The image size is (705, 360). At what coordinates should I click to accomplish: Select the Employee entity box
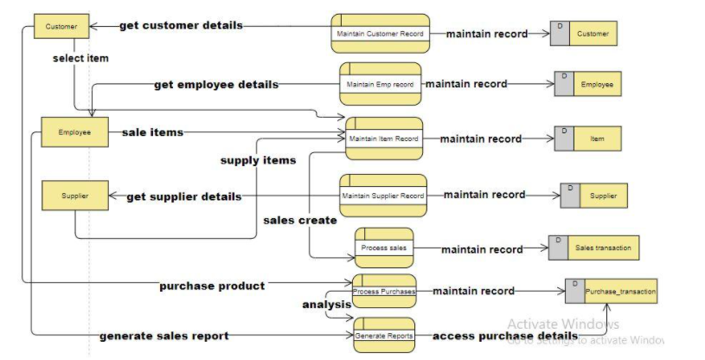(x=74, y=132)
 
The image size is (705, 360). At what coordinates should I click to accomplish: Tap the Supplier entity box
(x=74, y=196)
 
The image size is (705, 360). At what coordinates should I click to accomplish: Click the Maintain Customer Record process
(x=380, y=34)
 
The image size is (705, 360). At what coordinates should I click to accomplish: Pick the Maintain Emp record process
(x=380, y=84)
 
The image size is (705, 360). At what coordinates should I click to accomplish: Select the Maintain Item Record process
(x=383, y=138)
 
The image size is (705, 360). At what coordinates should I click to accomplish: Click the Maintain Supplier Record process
(x=382, y=196)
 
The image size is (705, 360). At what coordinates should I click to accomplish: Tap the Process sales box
(x=383, y=248)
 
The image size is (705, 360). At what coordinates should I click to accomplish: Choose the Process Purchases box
(x=383, y=292)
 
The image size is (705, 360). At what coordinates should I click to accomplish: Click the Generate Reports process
(x=383, y=335)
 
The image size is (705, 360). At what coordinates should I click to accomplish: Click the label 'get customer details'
(x=181, y=25)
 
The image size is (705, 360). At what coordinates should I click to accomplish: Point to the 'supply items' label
(x=258, y=160)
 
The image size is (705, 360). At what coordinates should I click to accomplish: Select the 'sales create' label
(x=299, y=220)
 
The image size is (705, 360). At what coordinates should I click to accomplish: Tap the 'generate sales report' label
(x=164, y=336)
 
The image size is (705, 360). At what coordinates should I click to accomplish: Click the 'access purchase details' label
(x=504, y=336)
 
